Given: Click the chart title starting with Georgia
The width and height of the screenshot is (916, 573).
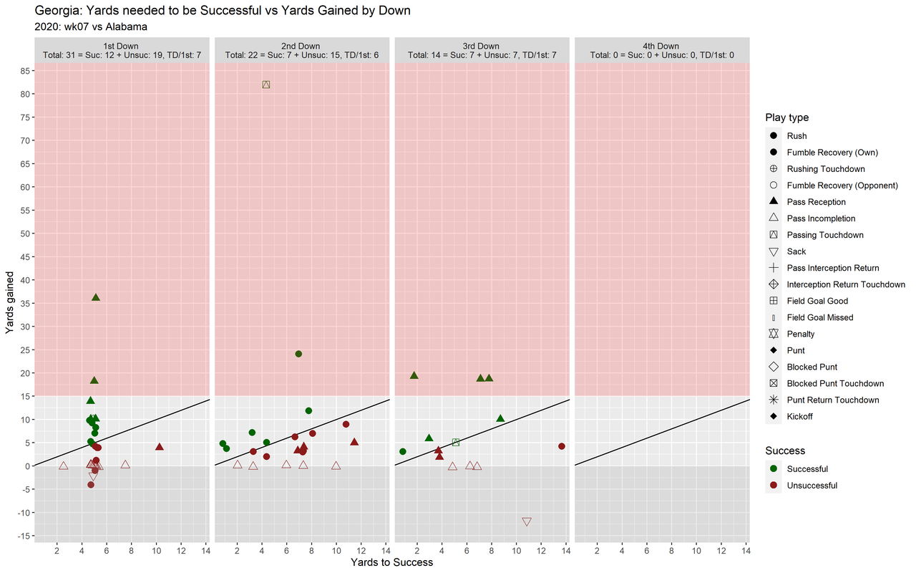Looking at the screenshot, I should [x=222, y=11].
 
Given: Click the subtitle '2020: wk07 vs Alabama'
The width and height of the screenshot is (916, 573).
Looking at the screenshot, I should [x=91, y=27].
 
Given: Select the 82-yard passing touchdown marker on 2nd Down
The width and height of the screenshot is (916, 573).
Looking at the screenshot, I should [x=266, y=85].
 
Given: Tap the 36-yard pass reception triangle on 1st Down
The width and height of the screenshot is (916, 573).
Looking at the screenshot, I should [x=96, y=297].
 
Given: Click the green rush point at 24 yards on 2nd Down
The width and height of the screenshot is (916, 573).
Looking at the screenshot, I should [x=298, y=354].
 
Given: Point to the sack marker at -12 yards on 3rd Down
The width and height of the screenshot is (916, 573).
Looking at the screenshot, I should [x=527, y=522].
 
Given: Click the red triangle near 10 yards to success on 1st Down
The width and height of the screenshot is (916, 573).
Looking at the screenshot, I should [x=160, y=448].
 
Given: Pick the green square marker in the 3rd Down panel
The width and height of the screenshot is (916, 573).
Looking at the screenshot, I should [x=456, y=443].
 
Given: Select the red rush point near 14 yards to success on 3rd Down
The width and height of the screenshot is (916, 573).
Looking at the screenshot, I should [x=562, y=446].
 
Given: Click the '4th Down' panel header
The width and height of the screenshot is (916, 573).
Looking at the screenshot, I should [x=661, y=47].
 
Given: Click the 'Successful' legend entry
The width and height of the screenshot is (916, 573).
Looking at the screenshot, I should [x=807, y=469].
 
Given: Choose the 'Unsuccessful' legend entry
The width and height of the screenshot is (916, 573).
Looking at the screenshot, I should [x=812, y=486].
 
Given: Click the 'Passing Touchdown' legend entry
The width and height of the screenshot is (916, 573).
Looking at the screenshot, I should [x=824, y=235].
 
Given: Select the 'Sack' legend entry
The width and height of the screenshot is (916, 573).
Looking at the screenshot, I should [x=796, y=251].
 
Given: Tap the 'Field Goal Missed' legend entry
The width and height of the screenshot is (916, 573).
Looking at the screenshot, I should [x=819, y=317].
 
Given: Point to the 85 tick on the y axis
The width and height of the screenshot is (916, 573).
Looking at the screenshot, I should [x=24, y=71].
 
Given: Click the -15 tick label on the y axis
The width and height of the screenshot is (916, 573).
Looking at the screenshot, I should [x=22, y=536].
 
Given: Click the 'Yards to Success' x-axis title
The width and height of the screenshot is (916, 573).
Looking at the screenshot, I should [x=391, y=562].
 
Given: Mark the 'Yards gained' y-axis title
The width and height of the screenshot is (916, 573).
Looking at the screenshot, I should [x=10, y=302].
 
